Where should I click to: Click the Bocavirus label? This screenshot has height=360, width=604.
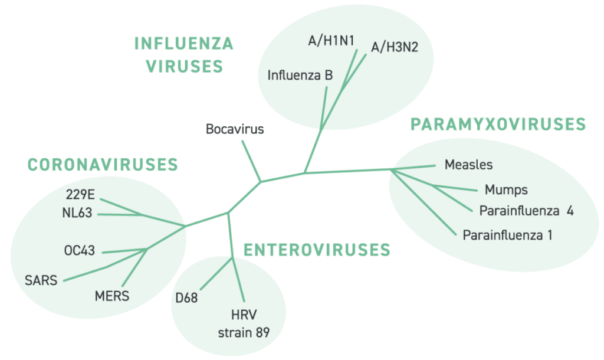[235, 129]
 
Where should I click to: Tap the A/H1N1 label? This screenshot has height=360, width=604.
[331, 41]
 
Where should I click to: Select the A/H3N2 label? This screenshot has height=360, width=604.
[395, 47]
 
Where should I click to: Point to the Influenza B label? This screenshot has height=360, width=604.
[300, 75]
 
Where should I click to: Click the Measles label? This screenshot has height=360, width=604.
[468, 165]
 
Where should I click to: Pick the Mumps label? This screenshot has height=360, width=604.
[506, 189]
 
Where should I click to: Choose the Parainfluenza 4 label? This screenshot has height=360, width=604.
[526, 211]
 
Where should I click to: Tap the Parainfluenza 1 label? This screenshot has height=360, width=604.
[507, 235]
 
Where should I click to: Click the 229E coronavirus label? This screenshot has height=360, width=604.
[80, 194]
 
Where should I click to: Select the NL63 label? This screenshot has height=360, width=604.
[77, 212]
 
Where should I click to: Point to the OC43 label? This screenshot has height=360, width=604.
[80, 251]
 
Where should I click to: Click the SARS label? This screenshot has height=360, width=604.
[41, 280]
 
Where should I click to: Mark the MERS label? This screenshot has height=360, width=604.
[111, 296]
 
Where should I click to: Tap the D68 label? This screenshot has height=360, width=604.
[186, 297]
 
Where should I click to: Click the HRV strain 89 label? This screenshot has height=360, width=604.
[244, 323]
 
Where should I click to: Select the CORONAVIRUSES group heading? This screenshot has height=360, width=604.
[103, 165]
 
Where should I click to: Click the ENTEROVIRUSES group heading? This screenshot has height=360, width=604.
[317, 250]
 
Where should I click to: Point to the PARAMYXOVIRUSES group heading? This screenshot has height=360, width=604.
[498, 125]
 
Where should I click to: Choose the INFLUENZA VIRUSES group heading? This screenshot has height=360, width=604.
[184, 55]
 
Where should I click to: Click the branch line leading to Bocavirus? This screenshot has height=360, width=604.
[251, 161]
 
